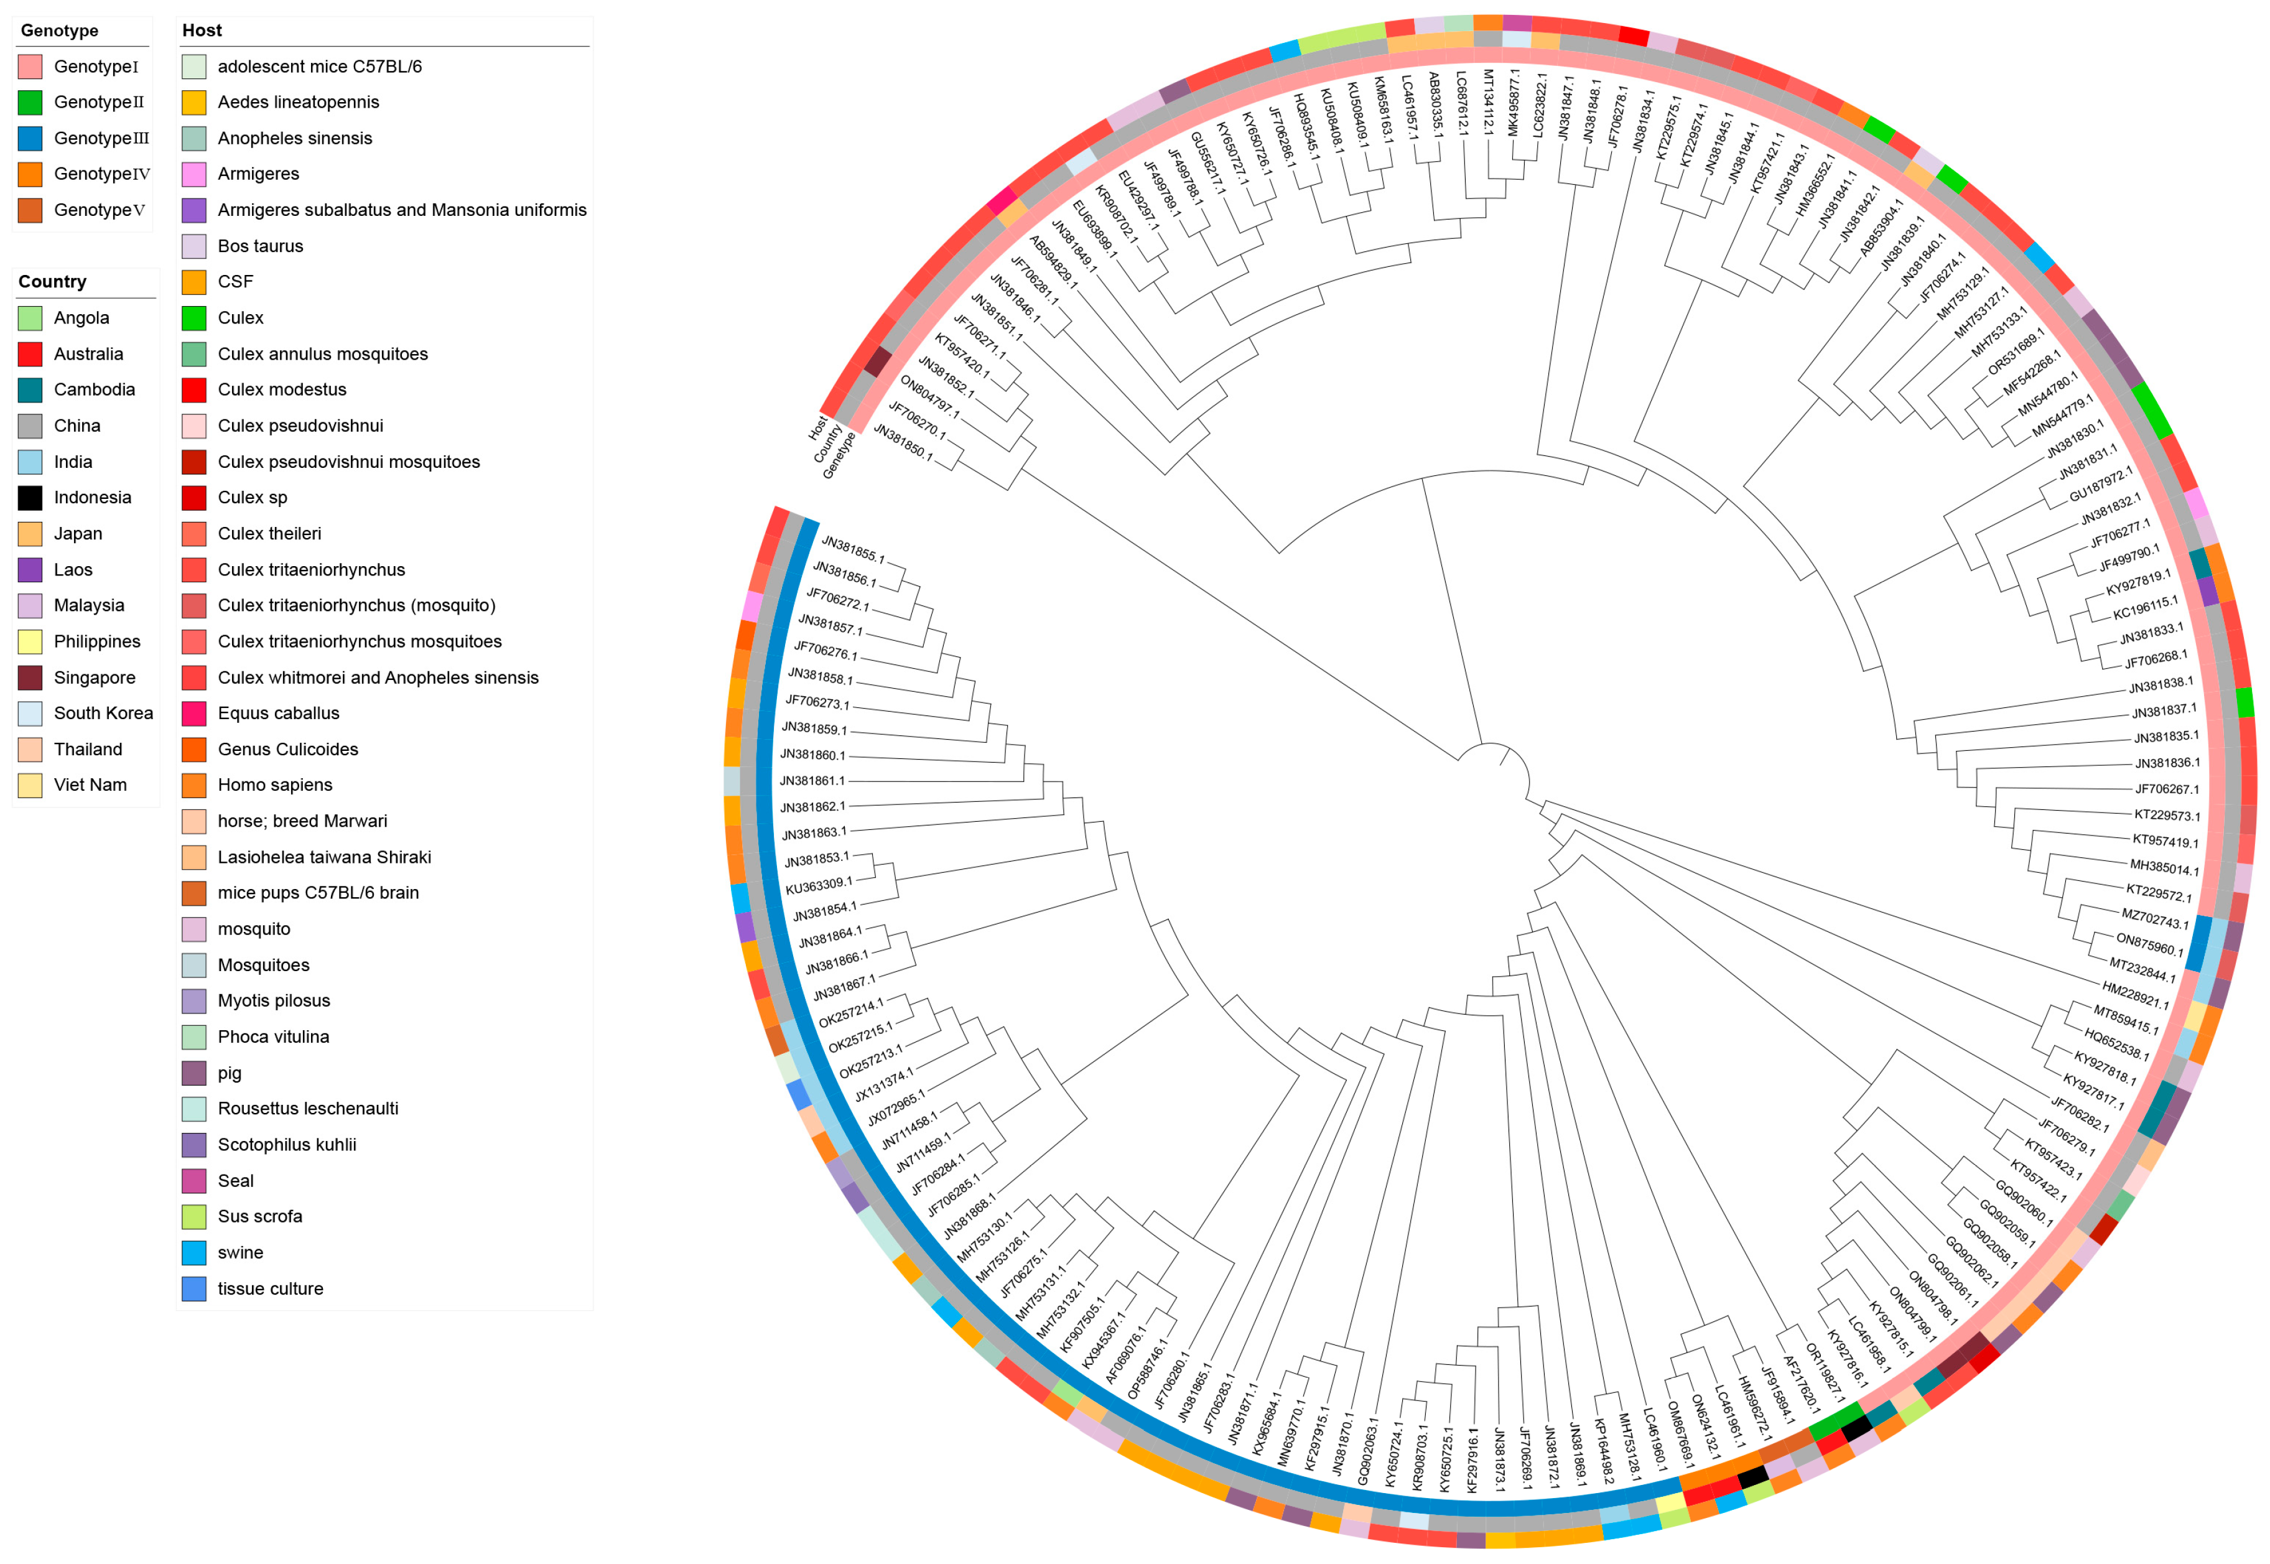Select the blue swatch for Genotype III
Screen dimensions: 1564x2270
point(30,138)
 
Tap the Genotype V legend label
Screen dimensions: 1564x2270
point(100,210)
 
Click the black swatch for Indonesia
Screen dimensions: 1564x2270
point(30,498)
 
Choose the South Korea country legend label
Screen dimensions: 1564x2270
point(103,714)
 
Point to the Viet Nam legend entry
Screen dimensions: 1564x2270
point(90,785)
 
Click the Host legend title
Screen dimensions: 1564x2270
point(202,30)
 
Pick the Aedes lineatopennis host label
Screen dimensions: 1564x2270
point(298,102)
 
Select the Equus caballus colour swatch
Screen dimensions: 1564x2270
point(194,714)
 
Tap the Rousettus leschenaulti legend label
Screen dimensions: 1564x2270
point(308,1109)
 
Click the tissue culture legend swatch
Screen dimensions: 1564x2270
point(194,1288)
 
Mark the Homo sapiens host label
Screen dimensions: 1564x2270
point(274,785)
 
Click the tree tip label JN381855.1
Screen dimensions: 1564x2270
point(852,550)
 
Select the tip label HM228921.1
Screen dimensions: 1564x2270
point(2135,995)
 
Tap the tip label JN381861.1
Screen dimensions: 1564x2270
point(812,781)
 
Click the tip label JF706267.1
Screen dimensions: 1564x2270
point(2167,789)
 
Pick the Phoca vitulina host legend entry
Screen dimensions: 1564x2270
point(273,1037)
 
